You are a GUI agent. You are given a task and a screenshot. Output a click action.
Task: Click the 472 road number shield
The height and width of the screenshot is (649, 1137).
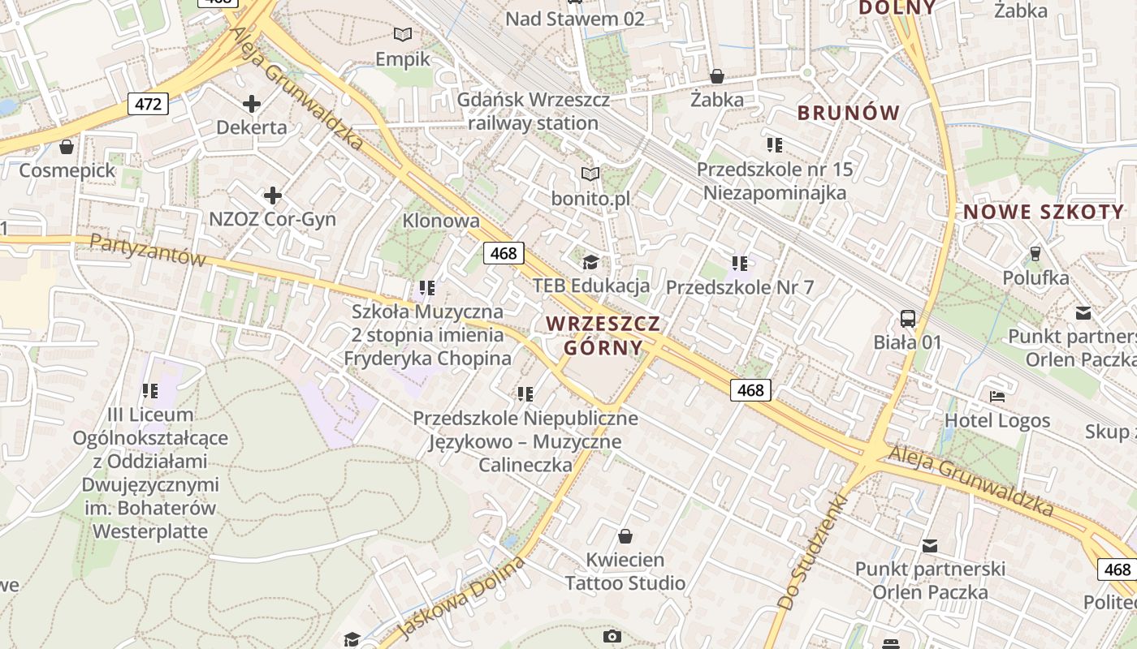(x=148, y=103)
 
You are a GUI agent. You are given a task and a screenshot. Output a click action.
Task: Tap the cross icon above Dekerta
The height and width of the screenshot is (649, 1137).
(x=252, y=104)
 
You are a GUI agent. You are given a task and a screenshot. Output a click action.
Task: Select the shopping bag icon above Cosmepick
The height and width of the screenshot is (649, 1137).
(x=67, y=147)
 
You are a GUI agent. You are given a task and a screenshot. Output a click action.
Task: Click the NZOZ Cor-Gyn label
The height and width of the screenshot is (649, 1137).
(x=272, y=219)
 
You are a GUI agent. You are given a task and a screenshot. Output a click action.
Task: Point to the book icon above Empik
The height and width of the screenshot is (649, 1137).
(x=403, y=34)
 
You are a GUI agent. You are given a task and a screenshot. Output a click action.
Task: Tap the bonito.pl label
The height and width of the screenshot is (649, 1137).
(x=590, y=198)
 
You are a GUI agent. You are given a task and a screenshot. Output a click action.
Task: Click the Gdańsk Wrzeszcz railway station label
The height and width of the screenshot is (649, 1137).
(x=533, y=111)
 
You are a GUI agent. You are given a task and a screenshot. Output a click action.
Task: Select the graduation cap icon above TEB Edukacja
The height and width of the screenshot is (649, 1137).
(x=590, y=262)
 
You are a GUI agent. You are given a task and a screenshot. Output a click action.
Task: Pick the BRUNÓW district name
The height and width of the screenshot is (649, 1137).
(x=849, y=113)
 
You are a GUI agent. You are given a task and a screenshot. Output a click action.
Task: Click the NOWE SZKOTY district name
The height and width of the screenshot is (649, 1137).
(x=1044, y=213)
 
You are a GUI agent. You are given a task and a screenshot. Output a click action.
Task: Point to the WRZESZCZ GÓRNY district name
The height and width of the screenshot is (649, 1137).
(x=603, y=335)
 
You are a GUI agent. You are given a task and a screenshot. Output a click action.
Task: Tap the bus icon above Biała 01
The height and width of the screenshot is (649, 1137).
(x=907, y=319)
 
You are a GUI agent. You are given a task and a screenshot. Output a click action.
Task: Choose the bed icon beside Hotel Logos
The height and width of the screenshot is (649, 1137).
(x=997, y=397)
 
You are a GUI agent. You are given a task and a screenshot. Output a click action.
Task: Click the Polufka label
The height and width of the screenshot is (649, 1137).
(x=1035, y=278)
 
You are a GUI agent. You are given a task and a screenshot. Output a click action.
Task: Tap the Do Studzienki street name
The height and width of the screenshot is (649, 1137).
(x=812, y=552)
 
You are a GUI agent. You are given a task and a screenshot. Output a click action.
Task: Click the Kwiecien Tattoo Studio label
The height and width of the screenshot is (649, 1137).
(x=625, y=571)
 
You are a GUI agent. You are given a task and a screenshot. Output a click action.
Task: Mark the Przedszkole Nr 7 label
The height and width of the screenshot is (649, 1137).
(x=739, y=287)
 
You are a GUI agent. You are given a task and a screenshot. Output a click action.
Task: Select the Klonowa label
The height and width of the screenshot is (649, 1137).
(x=441, y=221)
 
